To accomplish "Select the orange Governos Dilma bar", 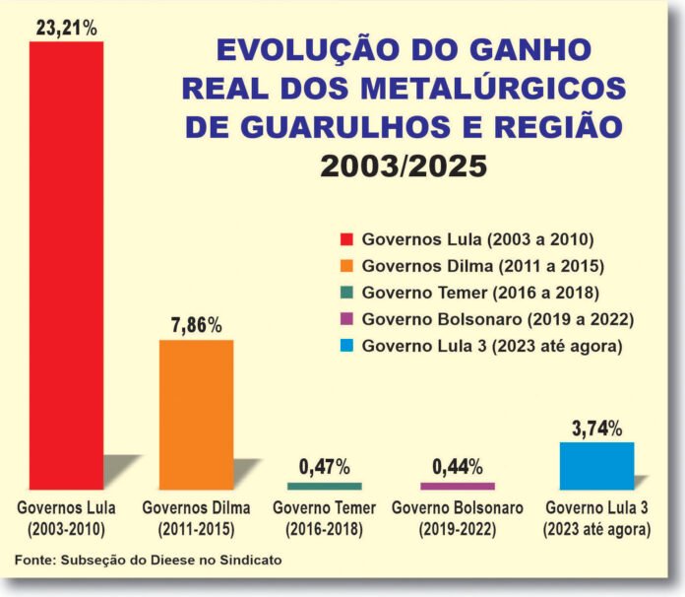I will click(x=197, y=414).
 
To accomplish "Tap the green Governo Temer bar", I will click(x=324, y=486).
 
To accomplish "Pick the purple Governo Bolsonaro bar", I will click(x=458, y=486).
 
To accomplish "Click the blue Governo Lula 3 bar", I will click(x=596, y=465).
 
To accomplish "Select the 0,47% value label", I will click(x=324, y=465).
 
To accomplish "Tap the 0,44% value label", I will click(x=457, y=465).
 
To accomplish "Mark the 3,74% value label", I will click(x=595, y=428).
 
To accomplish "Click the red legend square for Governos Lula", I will click(x=345, y=239).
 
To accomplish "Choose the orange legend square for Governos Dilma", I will click(x=345, y=266).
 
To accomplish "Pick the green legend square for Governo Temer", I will click(x=345, y=293).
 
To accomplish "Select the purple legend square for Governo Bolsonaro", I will click(x=345, y=319).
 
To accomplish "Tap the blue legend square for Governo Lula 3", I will click(x=345, y=346).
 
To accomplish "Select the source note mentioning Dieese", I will click(x=149, y=560).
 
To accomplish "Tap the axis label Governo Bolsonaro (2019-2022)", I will click(x=457, y=518).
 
